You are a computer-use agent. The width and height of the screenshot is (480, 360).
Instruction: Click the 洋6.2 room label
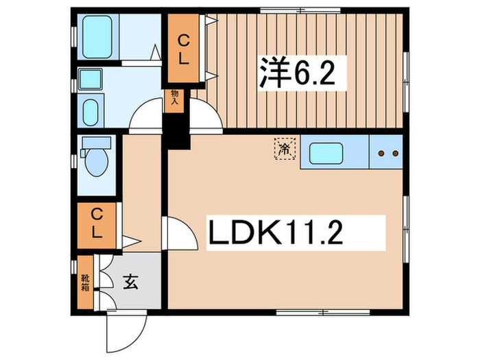click(x=296, y=72)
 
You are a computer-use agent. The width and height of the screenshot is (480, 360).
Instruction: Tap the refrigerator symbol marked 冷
click(x=283, y=148)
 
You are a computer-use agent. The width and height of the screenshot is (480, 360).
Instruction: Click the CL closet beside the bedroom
click(x=184, y=50)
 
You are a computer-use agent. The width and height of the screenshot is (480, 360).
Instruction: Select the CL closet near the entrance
click(x=96, y=225)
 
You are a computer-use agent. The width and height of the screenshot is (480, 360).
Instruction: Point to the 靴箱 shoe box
click(x=86, y=281)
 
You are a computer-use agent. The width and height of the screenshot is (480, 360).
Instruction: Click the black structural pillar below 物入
click(x=178, y=130)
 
